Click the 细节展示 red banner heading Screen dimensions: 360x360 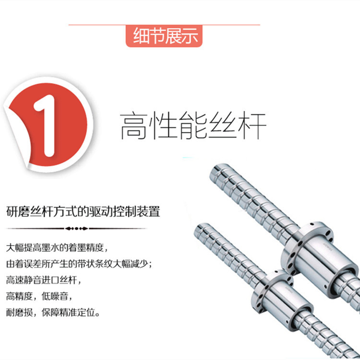click(164, 36)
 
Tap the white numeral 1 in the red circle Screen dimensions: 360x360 click(46, 126)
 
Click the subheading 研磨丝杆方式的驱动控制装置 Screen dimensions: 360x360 click(83, 212)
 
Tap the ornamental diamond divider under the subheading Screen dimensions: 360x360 click(77, 228)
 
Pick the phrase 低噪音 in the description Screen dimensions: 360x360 click(55, 296)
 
